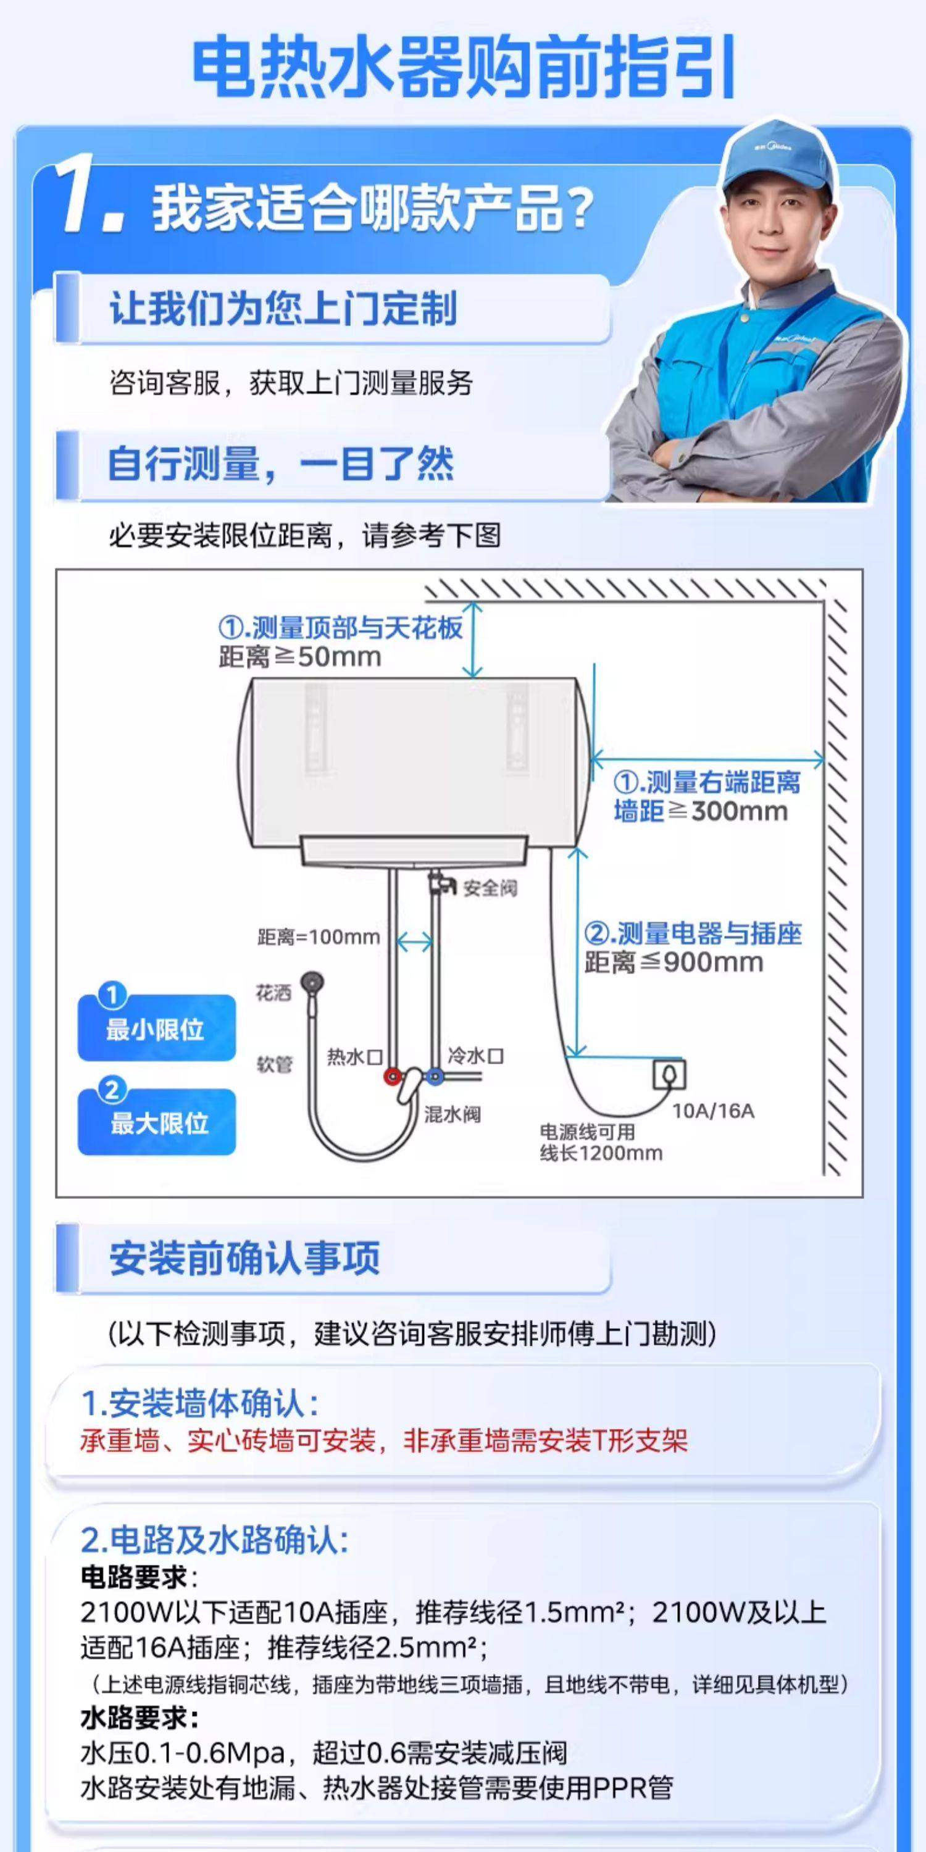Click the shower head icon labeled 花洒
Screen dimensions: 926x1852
(312, 983)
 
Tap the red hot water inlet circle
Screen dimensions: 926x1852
(392, 1076)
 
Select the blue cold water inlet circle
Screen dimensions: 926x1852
(434, 1076)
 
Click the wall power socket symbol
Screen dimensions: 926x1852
(669, 1075)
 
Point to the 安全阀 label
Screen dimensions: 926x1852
(490, 888)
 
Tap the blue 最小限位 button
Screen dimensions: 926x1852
(156, 1028)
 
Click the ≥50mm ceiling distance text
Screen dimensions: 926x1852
(301, 657)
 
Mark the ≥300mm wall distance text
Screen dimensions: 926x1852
(701, 812)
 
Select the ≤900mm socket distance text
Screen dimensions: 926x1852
(674, 962)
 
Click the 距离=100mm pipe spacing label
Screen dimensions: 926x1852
(319, 936)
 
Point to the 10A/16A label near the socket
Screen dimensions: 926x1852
(713, 1111)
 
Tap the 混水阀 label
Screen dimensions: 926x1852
(453, 1114)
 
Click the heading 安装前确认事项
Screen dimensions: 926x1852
(244, 1258)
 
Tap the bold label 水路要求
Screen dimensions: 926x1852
(139, 1718)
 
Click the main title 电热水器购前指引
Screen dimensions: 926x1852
(464, 69)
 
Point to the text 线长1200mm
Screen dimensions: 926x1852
(601, 1153)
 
